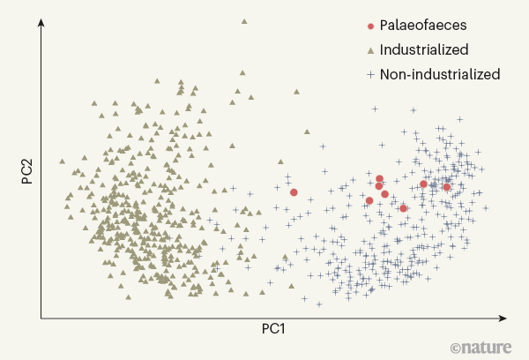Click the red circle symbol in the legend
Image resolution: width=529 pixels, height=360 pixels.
tap(370, 26)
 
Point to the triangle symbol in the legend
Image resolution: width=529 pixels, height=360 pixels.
tap(370, 50)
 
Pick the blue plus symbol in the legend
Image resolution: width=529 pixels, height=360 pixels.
tap(370, 74)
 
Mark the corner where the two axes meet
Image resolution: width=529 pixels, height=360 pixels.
tap(40, 318)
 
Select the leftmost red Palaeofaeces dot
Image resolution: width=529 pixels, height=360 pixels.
tap(294, 191)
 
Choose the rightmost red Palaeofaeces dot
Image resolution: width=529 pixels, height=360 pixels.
tap(447, 187)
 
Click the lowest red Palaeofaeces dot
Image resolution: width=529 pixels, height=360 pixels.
tap(403, 208)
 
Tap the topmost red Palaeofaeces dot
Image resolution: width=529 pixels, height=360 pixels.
tap(379, 179)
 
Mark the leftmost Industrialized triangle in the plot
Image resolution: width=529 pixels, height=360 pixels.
tap(61, 161)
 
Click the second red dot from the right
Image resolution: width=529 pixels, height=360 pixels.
tap(424, 184)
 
